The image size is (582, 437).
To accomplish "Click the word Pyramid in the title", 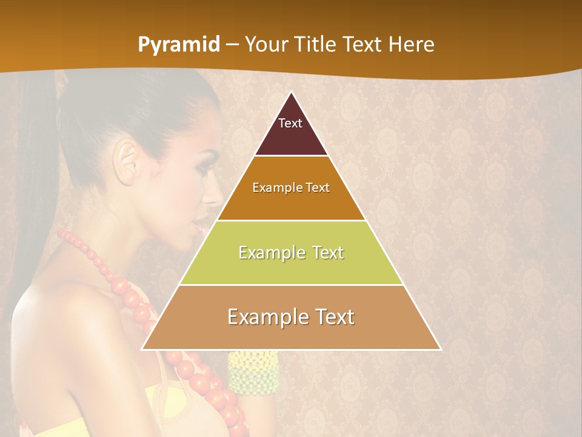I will (x=179, y=45).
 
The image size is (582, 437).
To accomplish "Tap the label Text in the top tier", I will (x=290, y=123).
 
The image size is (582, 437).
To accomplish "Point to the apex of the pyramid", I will (x=292, y=93).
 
